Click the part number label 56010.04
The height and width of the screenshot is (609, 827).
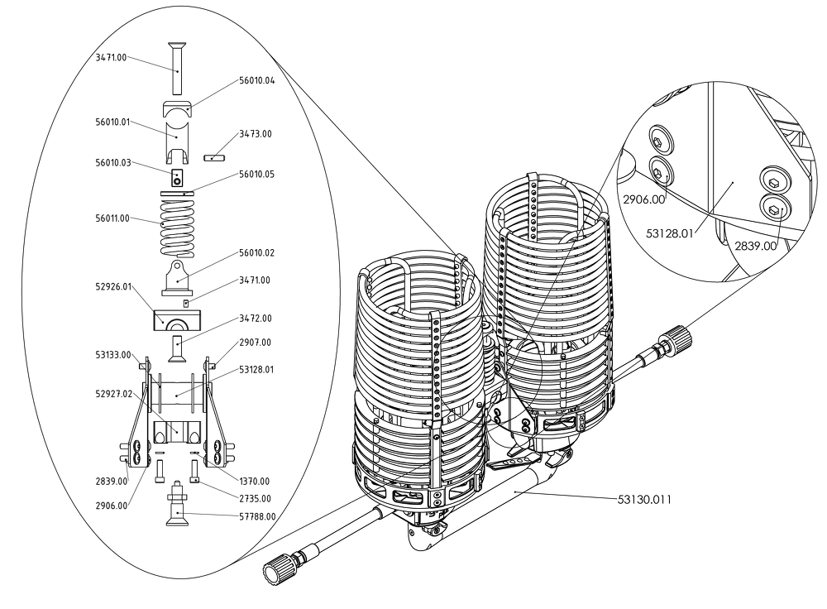coord(257,81)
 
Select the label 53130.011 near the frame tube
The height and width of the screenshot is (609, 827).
coord(644,499)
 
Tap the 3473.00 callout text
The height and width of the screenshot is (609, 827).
coord(256,134)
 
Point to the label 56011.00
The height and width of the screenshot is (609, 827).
coord(112,218)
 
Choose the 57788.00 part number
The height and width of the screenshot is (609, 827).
coord(257,516)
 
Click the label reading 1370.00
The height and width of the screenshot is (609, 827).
coord(254,482)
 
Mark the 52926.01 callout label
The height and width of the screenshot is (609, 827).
coord(113,286)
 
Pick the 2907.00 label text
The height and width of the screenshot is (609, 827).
coord(256,343)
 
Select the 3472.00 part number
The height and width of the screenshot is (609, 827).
coord(256,319)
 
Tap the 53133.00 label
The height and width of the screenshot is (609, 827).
coord(112,355)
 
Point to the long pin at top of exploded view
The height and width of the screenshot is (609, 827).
coord(178,67)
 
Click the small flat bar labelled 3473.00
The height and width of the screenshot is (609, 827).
coord(214,158)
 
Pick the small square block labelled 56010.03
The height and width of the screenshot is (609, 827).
coord(177,178)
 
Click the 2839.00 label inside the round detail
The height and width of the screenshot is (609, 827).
coord(755,246)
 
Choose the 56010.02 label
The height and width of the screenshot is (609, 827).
coord(257,252)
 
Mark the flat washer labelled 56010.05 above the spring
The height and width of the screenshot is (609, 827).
coord(177,194)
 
